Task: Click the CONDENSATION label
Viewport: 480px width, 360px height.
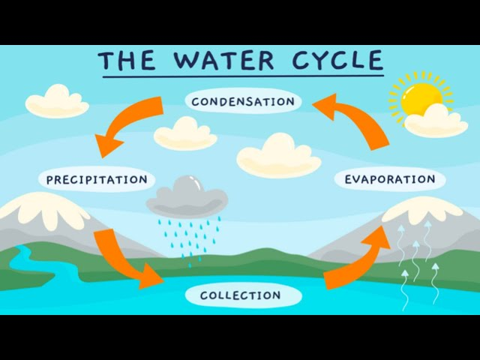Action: pos(243,101)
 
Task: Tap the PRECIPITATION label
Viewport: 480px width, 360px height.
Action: pos(97,179)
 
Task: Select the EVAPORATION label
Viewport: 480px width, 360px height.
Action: pos(390,179)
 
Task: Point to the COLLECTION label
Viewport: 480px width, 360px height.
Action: pos(241,295)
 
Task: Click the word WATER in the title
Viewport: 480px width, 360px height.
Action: pos(223,60)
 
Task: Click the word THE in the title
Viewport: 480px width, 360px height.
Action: pos(127,61)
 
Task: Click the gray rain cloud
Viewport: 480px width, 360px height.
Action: pos(187,196)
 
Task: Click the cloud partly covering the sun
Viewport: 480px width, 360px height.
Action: pos(436,122)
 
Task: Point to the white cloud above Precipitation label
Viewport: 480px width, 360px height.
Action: pos(57,102)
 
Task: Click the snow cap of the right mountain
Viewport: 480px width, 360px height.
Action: pos(422,210)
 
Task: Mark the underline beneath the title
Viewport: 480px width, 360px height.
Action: pos(243,76)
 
